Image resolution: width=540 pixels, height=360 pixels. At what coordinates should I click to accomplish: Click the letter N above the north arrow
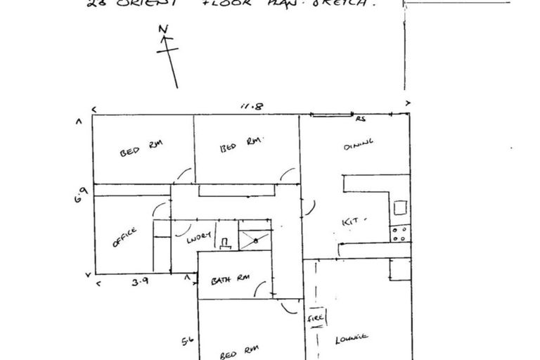coord(163,30)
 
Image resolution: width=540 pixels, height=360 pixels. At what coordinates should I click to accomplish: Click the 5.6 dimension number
coord(188,342)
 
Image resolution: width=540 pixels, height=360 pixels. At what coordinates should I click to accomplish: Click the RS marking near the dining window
coord(361,119)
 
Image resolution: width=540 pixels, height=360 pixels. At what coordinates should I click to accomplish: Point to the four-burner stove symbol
coord(399,233)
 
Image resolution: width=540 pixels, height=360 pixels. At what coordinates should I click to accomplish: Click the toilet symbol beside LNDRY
coord(225,243)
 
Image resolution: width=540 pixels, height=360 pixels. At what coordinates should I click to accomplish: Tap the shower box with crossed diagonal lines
coord(254,240)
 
